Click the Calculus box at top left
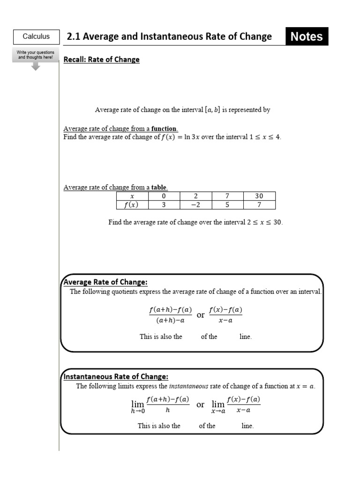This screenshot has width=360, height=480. (36, 37)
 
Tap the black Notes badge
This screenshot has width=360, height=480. (307, 37)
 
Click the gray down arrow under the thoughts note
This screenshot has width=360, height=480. (36, 66)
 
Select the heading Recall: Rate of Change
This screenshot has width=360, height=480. (101, 60)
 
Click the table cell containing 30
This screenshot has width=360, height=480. (259, 196)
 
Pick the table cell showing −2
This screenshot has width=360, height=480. (195, 205)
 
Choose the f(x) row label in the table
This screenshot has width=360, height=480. (132, 205)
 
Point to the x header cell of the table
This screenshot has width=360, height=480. (132, 196)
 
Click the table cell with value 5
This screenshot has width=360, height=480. (227, 205)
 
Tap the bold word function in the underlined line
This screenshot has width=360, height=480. (164, 129)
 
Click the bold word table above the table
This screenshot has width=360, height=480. (159, 187)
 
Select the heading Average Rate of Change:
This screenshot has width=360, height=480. (105, 282)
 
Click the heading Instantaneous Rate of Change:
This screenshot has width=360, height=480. (116, 377)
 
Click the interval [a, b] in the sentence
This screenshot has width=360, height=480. (212, 110)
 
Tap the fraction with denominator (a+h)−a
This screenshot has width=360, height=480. (170, 315)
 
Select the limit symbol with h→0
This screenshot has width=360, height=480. (138, 406)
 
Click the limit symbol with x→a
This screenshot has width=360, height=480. (218, 406)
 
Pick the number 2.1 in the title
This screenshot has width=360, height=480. (74, 37)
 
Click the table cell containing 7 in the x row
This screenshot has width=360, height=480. (227, 196)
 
